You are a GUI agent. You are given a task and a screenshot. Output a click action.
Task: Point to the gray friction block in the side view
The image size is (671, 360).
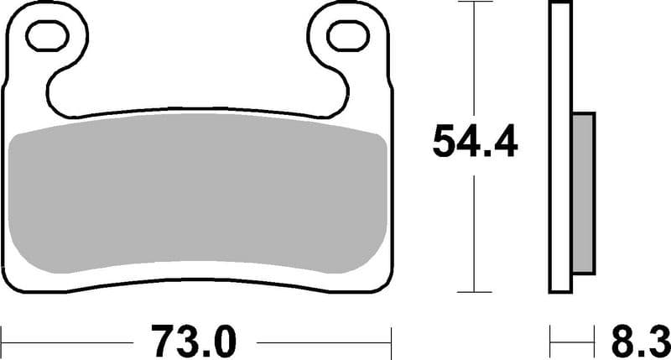[584, 193]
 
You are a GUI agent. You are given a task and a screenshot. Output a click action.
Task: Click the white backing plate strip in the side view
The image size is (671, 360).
[560, 147]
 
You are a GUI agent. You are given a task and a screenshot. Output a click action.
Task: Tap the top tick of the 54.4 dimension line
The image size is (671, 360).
[475, 3]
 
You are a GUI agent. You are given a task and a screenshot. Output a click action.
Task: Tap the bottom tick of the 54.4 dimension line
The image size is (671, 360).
[475, 292]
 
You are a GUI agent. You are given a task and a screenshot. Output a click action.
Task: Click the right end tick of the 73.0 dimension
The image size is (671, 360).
[392, 342]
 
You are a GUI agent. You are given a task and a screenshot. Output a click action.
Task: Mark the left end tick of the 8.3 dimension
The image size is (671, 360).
[550, 342]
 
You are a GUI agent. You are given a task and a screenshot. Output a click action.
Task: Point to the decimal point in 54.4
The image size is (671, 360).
[481, 154]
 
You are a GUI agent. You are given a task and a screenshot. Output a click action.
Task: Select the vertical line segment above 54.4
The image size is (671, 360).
[475, 59]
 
